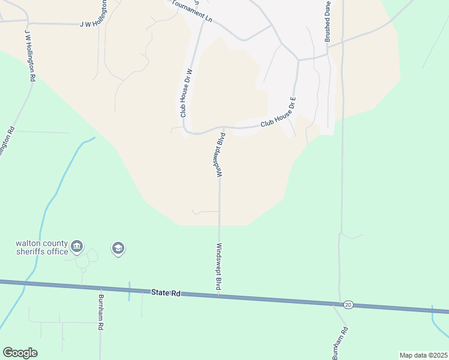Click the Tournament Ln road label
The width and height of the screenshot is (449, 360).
click(192, 11)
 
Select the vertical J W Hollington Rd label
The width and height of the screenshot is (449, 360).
click(30, 56)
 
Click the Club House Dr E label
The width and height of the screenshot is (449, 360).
click(279, 121)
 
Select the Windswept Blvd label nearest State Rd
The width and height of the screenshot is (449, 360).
click(219, 268)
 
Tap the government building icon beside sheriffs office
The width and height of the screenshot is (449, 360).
click(77, 246)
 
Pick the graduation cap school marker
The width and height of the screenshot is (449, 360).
click(118, 248)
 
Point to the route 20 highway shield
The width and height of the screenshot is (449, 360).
click(348, 305)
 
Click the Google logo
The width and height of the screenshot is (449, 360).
click(20, 353)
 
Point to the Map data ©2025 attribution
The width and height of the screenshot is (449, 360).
click(423, 355)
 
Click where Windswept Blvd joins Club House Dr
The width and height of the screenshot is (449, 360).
click(224, 127)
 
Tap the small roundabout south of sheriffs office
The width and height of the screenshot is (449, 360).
click(83, 270)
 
